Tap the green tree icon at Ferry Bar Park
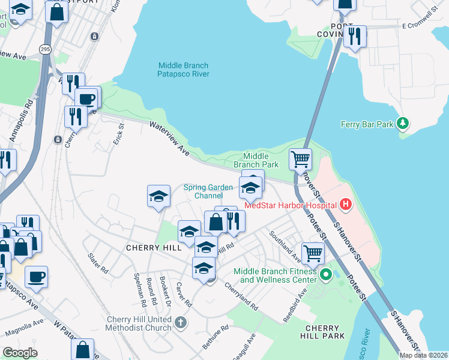point(404,124)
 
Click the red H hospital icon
point(345,205)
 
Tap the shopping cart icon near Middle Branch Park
point(300,160)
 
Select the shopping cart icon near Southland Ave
point(313,253)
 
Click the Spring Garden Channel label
point(208,191)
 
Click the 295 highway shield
point(45,49)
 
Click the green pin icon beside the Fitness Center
point(326,275)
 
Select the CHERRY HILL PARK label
point(325,332)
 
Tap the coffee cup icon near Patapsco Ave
point(36,277)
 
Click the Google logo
point(20,353)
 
